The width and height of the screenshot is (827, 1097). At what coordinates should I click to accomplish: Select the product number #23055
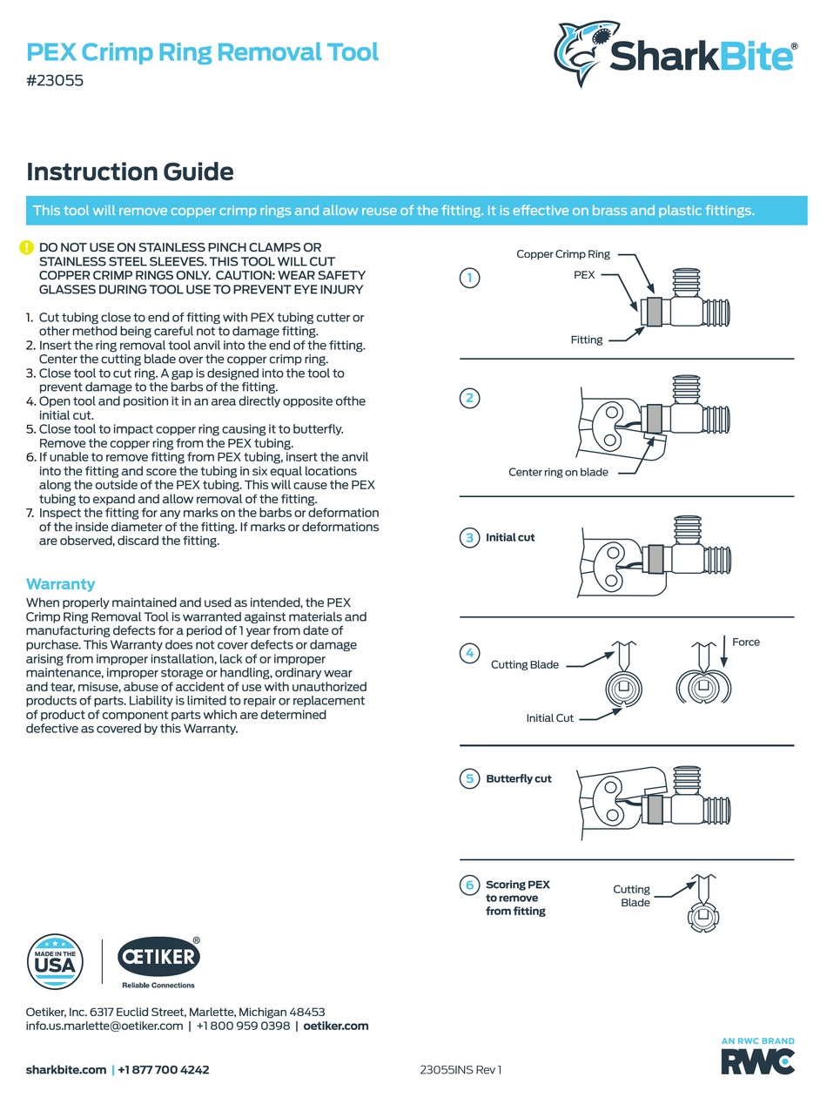point(55,81)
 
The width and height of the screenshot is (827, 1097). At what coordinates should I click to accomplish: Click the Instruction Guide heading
point(130,172)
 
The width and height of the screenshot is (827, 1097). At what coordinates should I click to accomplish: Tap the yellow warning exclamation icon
point(27,248)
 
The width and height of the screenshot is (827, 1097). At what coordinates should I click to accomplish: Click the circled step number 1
point(469,278)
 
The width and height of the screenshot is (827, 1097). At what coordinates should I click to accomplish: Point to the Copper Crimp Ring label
point(563,254)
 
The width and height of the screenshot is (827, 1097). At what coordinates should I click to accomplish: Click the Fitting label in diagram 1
point(586,340)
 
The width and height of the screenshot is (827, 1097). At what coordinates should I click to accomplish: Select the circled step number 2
point(469,399)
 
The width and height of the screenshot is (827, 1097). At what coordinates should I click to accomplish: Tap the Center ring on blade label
point(558,472)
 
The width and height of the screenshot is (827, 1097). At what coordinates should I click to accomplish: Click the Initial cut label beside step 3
point(510,537)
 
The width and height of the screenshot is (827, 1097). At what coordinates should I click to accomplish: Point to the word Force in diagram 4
point(745,642)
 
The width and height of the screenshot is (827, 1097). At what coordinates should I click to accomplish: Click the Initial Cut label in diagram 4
point(549,718)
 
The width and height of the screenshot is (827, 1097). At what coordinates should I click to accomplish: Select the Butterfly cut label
point(519,778)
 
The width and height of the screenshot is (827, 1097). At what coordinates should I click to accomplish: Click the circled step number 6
point(469,885)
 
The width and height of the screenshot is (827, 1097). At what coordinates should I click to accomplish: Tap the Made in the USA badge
point(56,962)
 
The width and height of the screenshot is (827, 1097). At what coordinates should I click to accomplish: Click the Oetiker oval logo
point(158,958)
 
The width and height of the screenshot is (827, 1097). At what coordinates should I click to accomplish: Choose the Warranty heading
point(61,583)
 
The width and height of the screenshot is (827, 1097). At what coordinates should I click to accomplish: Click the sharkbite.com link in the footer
point(66,1069)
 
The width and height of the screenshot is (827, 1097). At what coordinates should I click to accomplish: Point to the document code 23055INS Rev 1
point(461,1069)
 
